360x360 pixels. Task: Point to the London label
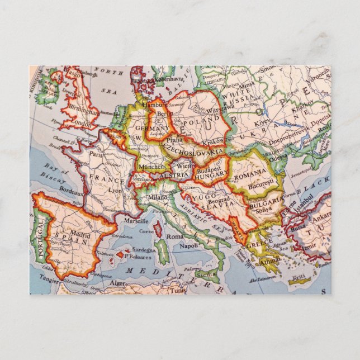tap(82, 124)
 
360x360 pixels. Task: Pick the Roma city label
tap(175, 236)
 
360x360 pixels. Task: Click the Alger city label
tap(118, 283)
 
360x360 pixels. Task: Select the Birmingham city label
tap(79, 111)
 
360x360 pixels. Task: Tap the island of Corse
tap(158, 229)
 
